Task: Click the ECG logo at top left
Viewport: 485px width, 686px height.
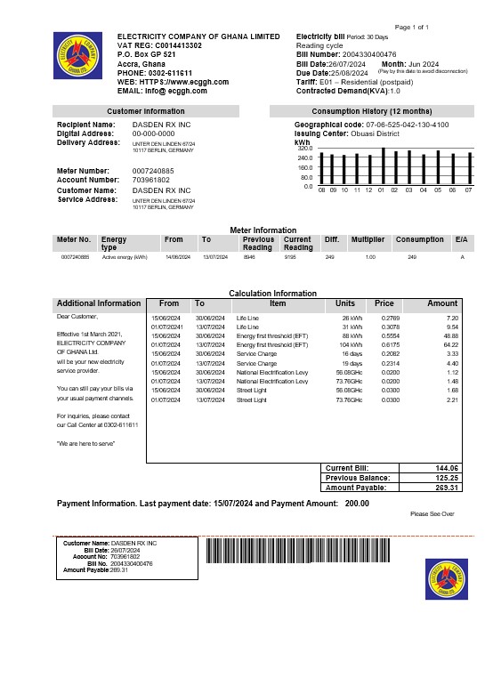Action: click(78, 57)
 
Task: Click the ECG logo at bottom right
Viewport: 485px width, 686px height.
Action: click(446, 579)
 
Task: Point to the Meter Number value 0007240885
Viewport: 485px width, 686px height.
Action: click(153, 171)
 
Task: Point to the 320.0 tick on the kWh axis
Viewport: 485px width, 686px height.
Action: click(304, 149)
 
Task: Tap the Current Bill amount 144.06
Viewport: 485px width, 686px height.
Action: click(443, 468)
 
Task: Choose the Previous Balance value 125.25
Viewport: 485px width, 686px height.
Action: click(443, 478)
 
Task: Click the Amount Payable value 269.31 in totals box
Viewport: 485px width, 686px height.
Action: click(443, 488)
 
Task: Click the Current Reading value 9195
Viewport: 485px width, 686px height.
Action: click(290, 256)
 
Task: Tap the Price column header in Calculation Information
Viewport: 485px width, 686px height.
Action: click(384, 303)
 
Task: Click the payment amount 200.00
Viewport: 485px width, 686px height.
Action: click(357, 504)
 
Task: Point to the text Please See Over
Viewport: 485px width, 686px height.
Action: click(432, 514)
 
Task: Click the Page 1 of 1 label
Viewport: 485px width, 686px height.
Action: click(412, 28)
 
